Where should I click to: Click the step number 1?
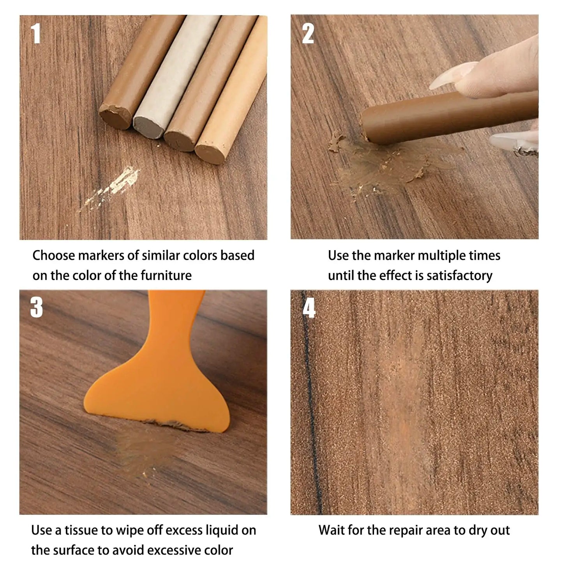click(x=36, y=34)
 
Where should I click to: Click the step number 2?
click(x=308, y=34)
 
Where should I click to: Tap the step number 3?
click(x=36, y=307)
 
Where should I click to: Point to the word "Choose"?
click(x=54, y=256)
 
